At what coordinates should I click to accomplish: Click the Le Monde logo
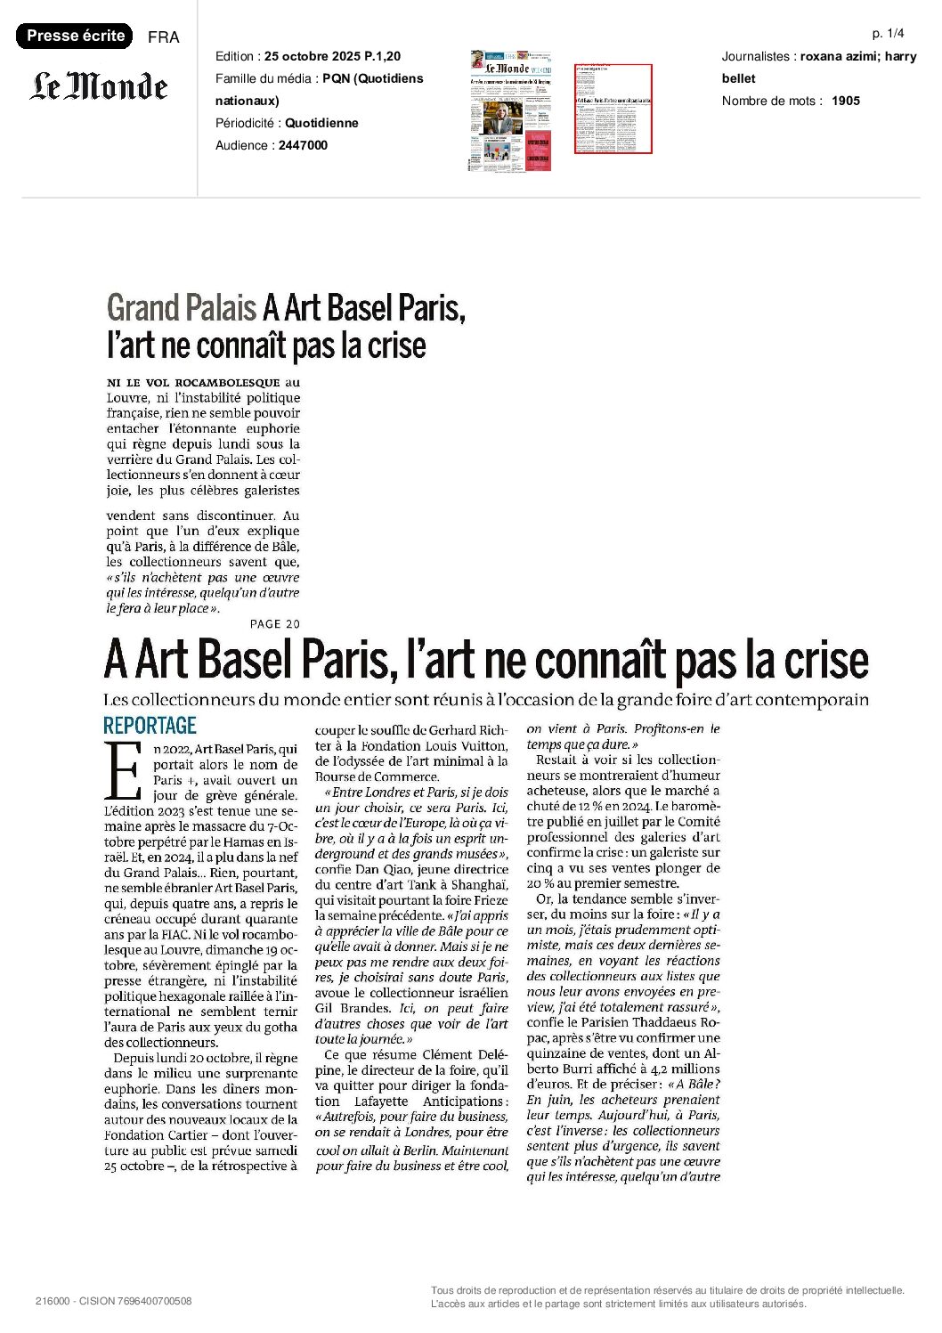(x=99, y=86)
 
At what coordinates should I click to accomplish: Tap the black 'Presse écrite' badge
(x=75, y=36)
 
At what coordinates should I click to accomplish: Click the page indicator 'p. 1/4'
(x=888, y=34)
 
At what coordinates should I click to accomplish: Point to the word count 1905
(x=845, y=101)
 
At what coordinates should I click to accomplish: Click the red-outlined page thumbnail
(x=613, y=108)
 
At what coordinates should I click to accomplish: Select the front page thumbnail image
(x=510, y=110)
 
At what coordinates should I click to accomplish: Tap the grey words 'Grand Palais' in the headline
(x=181, y=308)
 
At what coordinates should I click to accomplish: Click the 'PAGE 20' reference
(x=275, y=624)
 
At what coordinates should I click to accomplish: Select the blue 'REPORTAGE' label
(x=150, y=725)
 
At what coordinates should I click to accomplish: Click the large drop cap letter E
(x=123, y=770)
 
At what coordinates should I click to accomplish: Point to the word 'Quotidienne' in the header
(x=321, y=123)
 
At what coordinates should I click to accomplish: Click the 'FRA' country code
(x=163, y=37)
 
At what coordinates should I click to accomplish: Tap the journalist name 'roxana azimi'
(x=836, y=56)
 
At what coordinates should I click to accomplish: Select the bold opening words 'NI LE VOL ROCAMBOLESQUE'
(x=193, y=383)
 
